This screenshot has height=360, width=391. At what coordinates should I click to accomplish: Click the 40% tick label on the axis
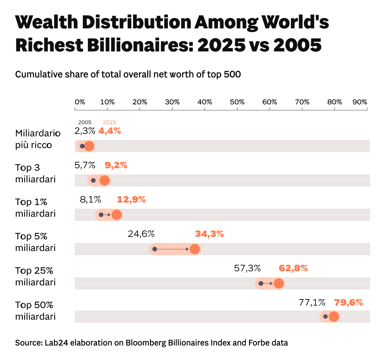pos(205,102)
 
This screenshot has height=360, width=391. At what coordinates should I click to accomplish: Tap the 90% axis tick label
pos(360,102)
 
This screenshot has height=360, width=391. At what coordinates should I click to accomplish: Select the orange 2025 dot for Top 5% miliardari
pos(195,249)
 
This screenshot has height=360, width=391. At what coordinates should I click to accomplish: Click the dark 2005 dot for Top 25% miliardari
pos(261,283)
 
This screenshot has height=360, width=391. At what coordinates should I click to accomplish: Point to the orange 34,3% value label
pos(209,234)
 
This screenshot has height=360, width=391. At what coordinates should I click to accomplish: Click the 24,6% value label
pos(141,234)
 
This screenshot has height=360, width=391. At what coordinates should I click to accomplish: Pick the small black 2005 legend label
pos(85,122)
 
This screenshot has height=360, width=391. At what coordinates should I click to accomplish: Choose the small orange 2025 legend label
pos(109,122)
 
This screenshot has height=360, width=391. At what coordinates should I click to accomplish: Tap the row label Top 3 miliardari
pos(35,173)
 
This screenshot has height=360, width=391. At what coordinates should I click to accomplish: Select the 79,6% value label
pos(348,303)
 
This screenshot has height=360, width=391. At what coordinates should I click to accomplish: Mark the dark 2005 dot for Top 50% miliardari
pos(325,317)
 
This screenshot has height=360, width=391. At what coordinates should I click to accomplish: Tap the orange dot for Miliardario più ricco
pos(89,146)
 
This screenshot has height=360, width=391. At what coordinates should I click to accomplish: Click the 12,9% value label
pos(131,200)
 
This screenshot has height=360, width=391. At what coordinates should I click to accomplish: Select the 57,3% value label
pos(247,268)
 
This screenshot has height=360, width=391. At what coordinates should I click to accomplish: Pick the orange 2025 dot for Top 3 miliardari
pos(104,180)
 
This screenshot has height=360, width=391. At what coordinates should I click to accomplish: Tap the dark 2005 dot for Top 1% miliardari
pos(101,215)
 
